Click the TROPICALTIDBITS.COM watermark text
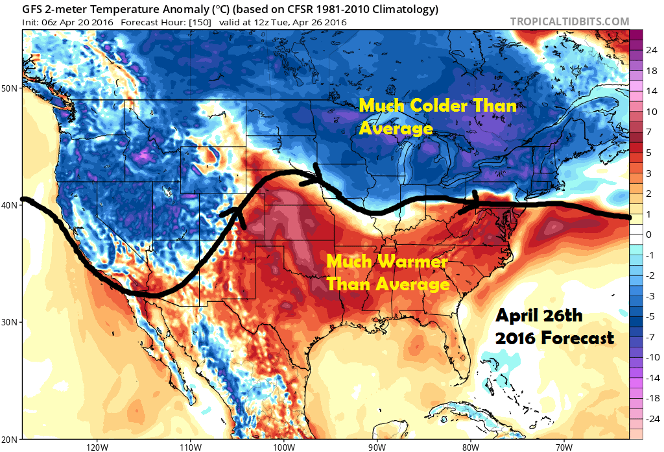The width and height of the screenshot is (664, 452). point(569,21)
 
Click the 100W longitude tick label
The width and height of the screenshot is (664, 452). point(283,447)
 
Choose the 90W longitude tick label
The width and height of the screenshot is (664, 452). point(377,447)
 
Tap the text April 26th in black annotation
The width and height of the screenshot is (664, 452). point(539,316)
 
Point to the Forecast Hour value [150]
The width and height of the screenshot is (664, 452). point(202,22)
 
